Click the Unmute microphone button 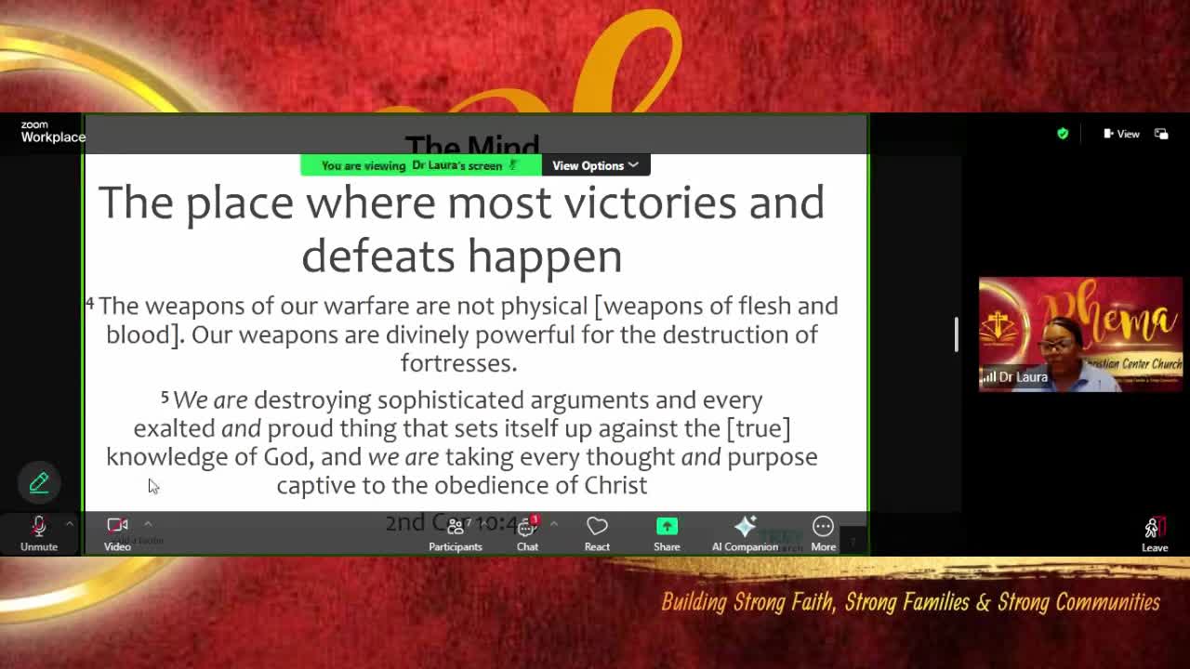(39, 532)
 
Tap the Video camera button (117, 532)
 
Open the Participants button (456, 532)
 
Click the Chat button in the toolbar (527, 532)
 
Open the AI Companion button (745, 532)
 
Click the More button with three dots (823, 532)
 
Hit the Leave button (1154, 533)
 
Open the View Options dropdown (595, 165)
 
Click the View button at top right (1121, 134)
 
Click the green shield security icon (1063, 134)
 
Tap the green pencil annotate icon (39, 482)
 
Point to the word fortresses (458, 362)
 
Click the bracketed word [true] (759, 428)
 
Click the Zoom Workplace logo (52, 132)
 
